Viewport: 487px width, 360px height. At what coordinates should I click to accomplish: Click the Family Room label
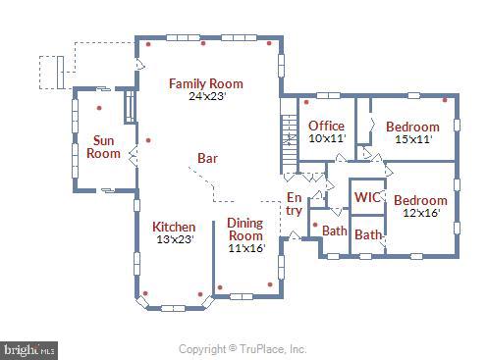[x=205, y=83]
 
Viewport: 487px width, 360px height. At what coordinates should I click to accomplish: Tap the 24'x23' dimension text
[x=205, y=96]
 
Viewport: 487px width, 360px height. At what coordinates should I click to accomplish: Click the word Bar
[x=207, y=157]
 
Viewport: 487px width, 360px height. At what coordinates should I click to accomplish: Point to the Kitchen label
[x=173, y=227]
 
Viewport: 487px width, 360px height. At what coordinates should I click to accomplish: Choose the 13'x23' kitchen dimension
[x=173, y=238]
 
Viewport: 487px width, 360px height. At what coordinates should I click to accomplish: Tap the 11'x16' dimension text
[x=245, y=248]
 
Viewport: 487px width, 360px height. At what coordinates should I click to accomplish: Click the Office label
[x=326, y=127]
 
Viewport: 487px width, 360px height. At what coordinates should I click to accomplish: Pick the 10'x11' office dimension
[x=326, y=138]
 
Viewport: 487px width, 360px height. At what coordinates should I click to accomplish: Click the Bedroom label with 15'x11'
[x=412, y=127]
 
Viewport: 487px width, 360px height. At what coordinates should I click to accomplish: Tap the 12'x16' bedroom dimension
[x=420, y=213]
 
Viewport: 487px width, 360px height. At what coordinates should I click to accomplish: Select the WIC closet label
[x=367, y=197]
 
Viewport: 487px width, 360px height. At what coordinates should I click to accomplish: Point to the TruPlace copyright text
[x=243, y=348]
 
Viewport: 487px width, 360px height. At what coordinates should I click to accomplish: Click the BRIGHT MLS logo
[x=29, y=348]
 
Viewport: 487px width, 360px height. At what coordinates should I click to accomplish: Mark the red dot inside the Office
[x=306, y=101]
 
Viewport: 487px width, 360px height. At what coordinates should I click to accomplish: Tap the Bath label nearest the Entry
[x=334, y=231]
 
